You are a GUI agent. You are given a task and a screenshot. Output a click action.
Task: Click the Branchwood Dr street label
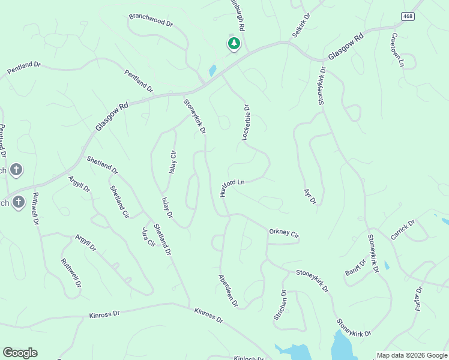pyautogui.click(x=151, y=21)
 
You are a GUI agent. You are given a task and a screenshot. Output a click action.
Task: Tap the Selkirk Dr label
pyautogui.click(x=301, y=25)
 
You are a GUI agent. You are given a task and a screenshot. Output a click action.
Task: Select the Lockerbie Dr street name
pyautogui.click(x=246, y=123)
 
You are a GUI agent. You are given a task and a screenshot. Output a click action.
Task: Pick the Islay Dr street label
pyautogui.click(x=167, y=207)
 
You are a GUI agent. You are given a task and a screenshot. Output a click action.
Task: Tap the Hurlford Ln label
pyautogui.click(x=232, y=187)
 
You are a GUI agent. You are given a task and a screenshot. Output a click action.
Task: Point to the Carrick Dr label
pyautogui.click(x=403, y=230)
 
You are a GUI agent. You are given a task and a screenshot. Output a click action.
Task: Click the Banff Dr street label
pyautogui.click(x=355, y=268)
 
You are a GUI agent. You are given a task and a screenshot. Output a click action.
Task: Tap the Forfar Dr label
pyautogui.click(x=418, y=299)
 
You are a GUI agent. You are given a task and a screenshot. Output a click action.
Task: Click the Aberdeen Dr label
pyautogui.click(x=228, y=290)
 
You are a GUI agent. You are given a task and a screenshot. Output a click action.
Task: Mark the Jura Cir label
pyautogui.click(x=148, y=238)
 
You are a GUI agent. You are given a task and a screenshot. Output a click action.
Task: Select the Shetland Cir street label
pyautogui.click(x=119, y=201)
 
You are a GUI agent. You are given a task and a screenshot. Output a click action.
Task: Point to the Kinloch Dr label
pyautogui.click(x=249, y=358)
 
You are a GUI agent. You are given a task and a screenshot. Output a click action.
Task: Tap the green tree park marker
pyautogui.click(x=234, y=43)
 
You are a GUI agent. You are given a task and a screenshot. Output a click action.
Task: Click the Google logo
pyautogui.click(x=20, y=353)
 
